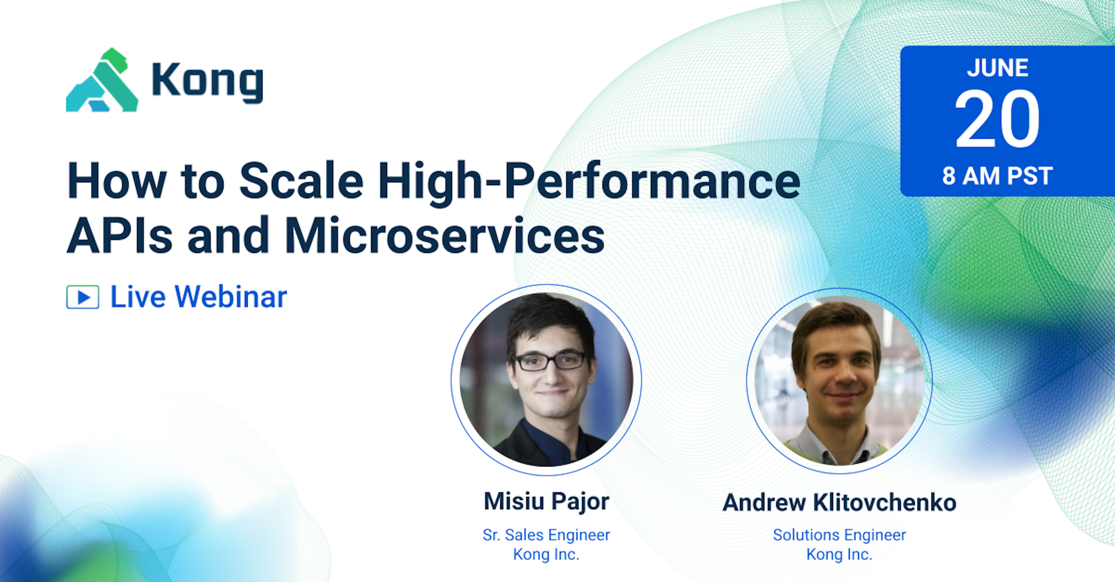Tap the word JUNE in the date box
[998, 68]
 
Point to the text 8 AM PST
[997, 176]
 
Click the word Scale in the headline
[301, 181]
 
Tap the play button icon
[83, 297]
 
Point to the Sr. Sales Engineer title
[546, 535]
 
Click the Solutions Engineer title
[839, 535]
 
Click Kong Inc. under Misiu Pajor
[546, 554]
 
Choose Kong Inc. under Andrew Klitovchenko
[839, 554]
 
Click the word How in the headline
[117, 181]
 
